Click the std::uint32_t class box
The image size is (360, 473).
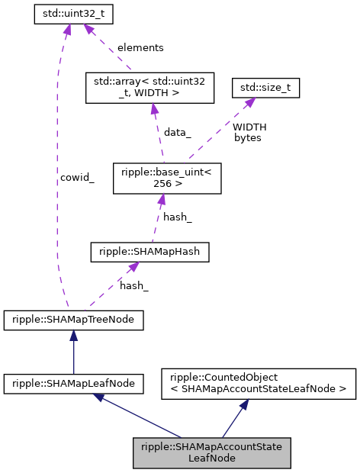point(68,14)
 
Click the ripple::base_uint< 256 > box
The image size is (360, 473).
point(166,177)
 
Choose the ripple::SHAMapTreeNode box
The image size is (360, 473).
point(73,320)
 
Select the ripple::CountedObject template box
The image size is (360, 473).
point(258,384)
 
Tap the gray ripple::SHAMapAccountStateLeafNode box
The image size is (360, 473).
point(212,453)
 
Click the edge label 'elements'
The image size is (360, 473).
point(140,47)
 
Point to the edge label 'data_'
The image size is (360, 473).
point(178,132)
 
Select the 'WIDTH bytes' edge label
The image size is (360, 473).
point(249,132)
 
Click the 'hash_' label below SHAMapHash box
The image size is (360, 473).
point(134,285)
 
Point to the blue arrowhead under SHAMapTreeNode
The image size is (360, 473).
point(73,336)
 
